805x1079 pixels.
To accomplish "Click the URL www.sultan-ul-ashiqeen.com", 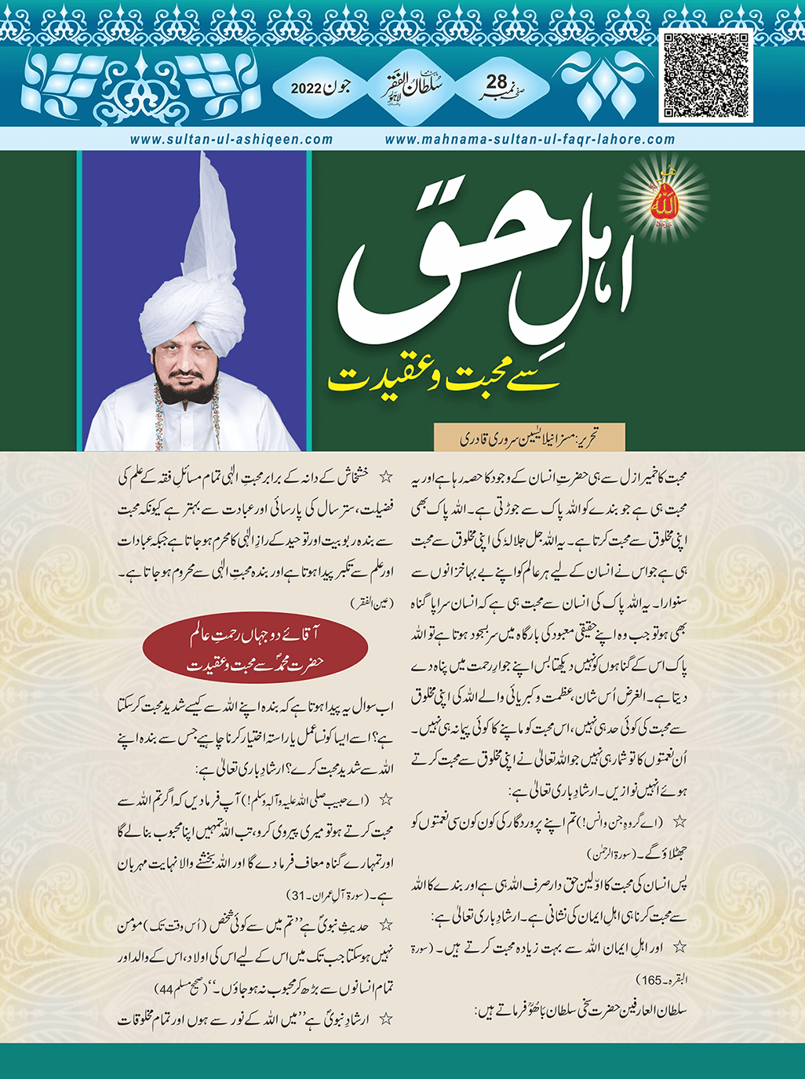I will (x=231, y=140).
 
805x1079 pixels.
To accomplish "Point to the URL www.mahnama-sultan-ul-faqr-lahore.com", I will (x=530, y=140).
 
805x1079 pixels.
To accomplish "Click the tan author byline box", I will (x=530, y=437).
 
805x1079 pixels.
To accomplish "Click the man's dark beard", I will (x=191, y=384).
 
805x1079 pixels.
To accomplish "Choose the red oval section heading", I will (x=256, y=649).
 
